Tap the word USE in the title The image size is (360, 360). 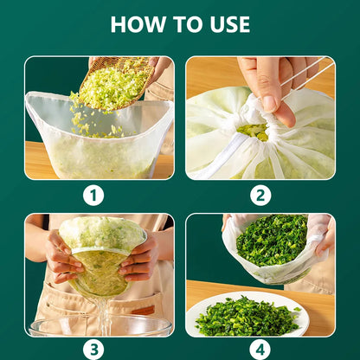pos(230,24)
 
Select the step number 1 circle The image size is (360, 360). pos(93,196)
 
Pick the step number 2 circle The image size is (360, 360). pos(260,196)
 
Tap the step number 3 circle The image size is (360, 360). pos(93,350)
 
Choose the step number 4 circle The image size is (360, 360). pos(260,350)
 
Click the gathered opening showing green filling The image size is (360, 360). pos(253,132)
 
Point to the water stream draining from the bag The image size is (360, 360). pos(102,314)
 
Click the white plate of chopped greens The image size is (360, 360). pos(247,314)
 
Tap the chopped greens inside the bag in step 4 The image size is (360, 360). pos(272,240)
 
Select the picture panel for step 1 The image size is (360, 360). pos(100,118)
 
